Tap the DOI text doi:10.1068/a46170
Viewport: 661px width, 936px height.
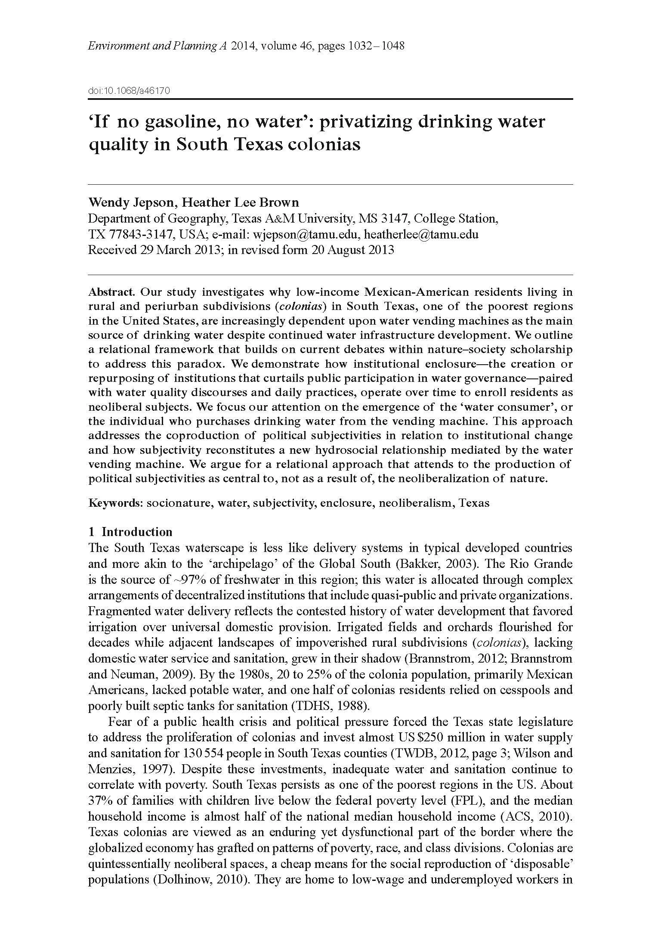[x=129, y=91]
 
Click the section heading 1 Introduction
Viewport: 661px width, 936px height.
[x=130, y=532]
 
